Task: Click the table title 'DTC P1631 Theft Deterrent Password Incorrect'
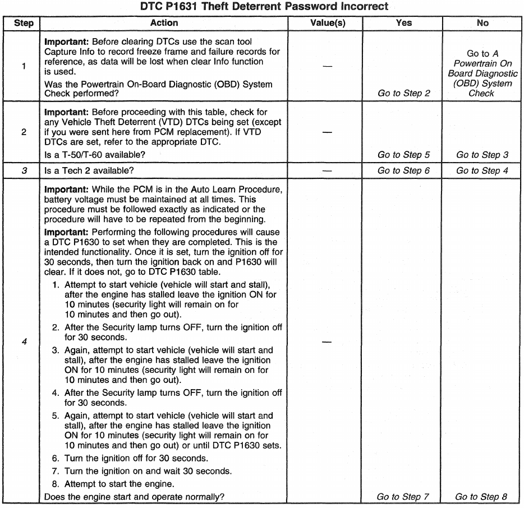pyautogui.click(x=262, y=7)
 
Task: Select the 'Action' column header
pyautogui.click(x=164, y=23)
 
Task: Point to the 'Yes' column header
pyautogui.click(x=403, y=23)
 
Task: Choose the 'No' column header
pyautogui.click(x=482, y=23)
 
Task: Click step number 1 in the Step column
pyautogui.click(x=22, y=66)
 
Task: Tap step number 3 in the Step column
pyautogui.click(x=22, y=170)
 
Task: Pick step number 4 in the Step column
pyautogui.click(x=22, y=341)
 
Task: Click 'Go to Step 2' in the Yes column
pyautogui.click(x=404, y=93)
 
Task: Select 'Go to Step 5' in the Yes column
pyautogui.click(x=404, y=155)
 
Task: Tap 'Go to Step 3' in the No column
pyautogui.click(x=482, y=155)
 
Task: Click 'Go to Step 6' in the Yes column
pyautogui.click(x=404, y=170)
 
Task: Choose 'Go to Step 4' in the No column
pyautogui.click(x=482, y=170)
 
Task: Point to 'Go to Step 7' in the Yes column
pyautogui.click(x=403, y=496)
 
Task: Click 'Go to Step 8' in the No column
pyautogui.click(x=481, y=496)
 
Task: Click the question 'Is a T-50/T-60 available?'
pyautogui.click(x=96, y=155)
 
